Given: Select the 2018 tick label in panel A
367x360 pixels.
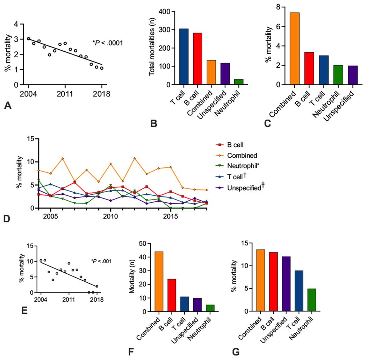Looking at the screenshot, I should pyautogui.click(x=101, y=94).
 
